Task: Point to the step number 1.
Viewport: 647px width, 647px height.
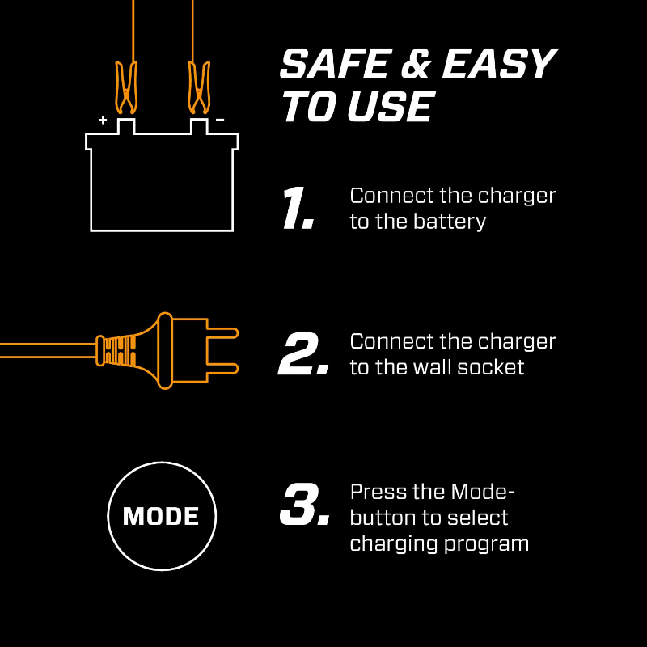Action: click(296, 209)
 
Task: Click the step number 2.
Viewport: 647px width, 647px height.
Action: click(302, 355)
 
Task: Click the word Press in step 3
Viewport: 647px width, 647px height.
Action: click(374, 492)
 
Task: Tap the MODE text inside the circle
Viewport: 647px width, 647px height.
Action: click(161, 516)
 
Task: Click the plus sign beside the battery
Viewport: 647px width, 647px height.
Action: click(103, 120)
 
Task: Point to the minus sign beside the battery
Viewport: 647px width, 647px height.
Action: click(220, 120)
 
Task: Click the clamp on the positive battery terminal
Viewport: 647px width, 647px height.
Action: click(125, 89)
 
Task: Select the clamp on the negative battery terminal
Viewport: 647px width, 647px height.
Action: click(196, 89)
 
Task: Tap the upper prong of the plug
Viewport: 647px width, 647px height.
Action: click(218, 332)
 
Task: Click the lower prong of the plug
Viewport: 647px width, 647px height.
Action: click(218, 368)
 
